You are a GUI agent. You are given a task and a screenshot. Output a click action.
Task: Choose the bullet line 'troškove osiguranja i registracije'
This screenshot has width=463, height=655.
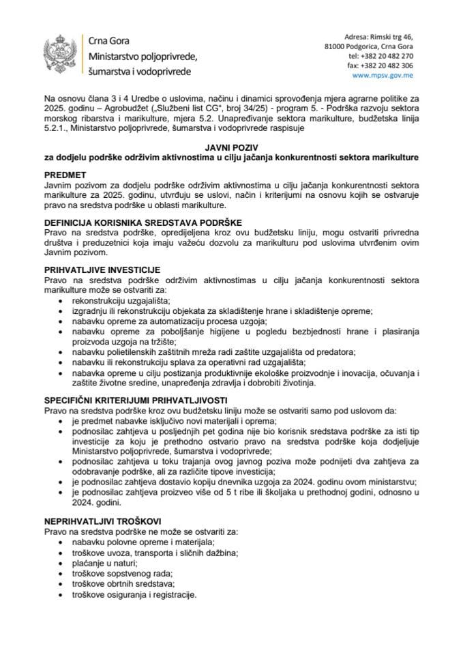133,595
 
